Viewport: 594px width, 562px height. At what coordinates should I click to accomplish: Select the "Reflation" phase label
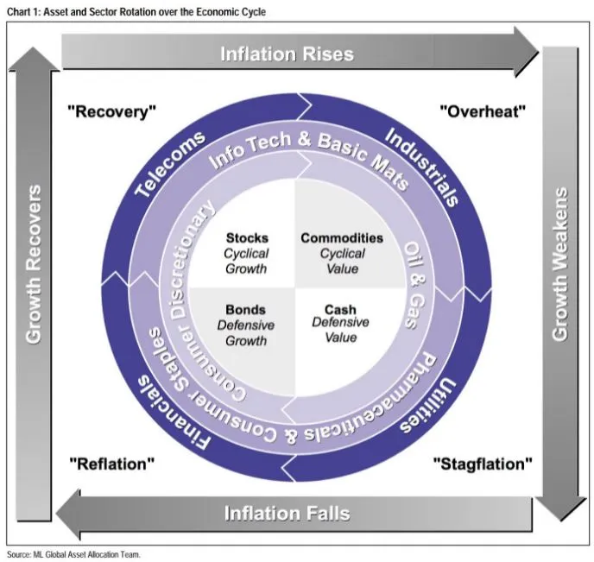(111, 464)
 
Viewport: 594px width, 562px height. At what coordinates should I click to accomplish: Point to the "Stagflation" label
(482, 464)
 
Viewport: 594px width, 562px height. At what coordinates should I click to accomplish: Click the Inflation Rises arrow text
(287, 54)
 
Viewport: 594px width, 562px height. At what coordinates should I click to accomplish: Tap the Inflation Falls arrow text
(287, 514)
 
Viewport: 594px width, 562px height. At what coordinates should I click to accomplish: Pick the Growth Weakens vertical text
(560, 263)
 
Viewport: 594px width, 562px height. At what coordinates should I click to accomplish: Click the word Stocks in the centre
(247, 237)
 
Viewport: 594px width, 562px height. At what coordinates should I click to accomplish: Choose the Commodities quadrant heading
(341, 237)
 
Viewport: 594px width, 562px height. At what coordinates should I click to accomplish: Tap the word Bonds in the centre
(245, 310)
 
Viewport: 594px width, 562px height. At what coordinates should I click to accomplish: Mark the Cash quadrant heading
(340, 310)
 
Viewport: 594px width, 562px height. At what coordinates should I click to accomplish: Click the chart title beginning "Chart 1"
(138, 11)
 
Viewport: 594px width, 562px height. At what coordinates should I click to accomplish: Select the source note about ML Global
(73, 554)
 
